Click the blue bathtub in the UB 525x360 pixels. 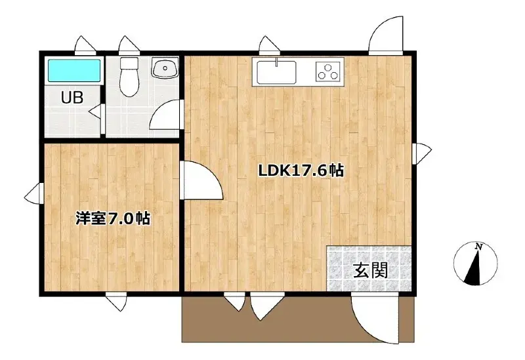[x=74, y=71]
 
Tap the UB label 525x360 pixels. [x=72, y=98]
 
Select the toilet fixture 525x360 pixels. [x=129, y=77]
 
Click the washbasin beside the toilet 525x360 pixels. [x=165, y=68]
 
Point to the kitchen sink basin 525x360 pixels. [x=276, y=72]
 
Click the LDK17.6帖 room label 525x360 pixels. [x=301, y=170]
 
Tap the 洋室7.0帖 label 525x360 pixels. [x=112, y=218]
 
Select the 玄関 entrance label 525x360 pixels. [x=371, y=270]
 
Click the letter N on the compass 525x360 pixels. [x=479, y=247]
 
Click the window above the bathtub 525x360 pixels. [x=85, y=45]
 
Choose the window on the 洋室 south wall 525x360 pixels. [x=116, y=302]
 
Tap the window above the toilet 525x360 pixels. [x=129, y=45]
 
